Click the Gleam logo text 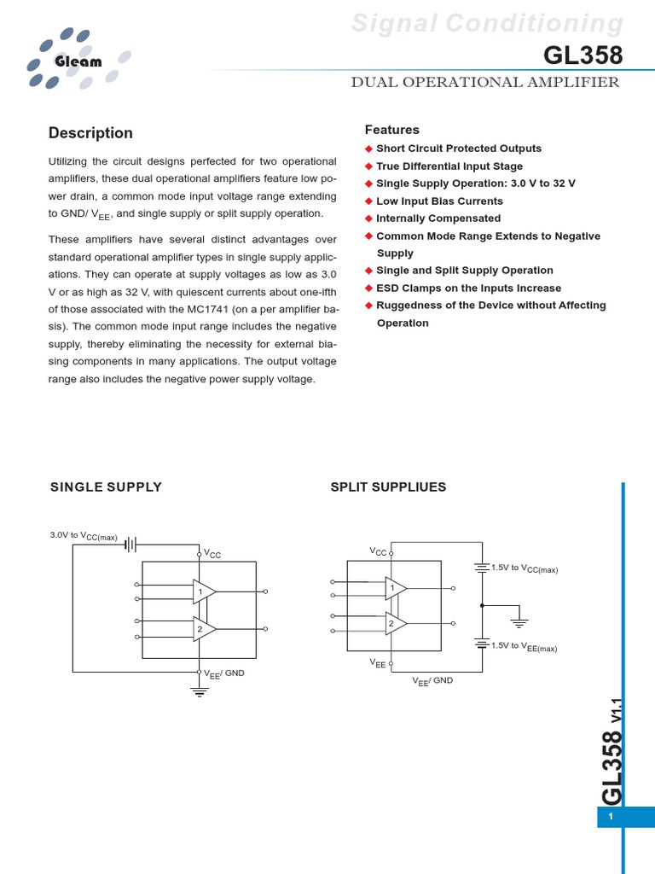click(78, 61)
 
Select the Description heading click(90, 133)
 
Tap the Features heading click(392, 130)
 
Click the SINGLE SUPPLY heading click(106, 487)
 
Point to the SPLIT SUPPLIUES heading click(388, 487)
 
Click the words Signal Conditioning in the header click(488, 23)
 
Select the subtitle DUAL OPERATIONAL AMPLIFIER click(484, 83)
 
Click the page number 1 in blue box click(611, 818)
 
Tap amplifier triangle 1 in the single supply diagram click(203, 591)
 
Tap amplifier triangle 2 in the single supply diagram click(203, 629)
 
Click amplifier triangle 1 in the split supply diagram click(395, 588)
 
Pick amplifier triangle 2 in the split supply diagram click(395, 624)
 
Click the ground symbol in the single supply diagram click(200, 691)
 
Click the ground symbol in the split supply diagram click(519, 623)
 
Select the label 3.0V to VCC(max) click(84, 536)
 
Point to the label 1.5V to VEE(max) click(524, 647)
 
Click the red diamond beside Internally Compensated click(369, 218)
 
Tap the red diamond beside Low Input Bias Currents click(369, 201)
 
